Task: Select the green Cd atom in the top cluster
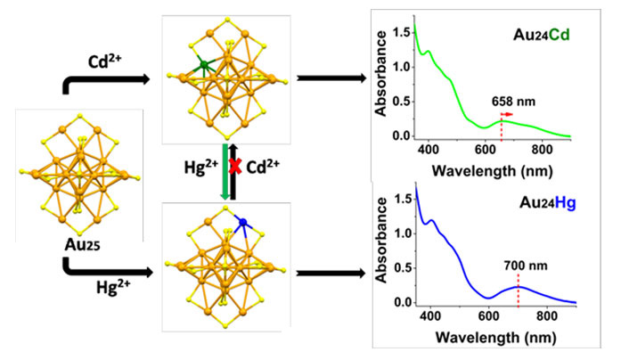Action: pos(204,63)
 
